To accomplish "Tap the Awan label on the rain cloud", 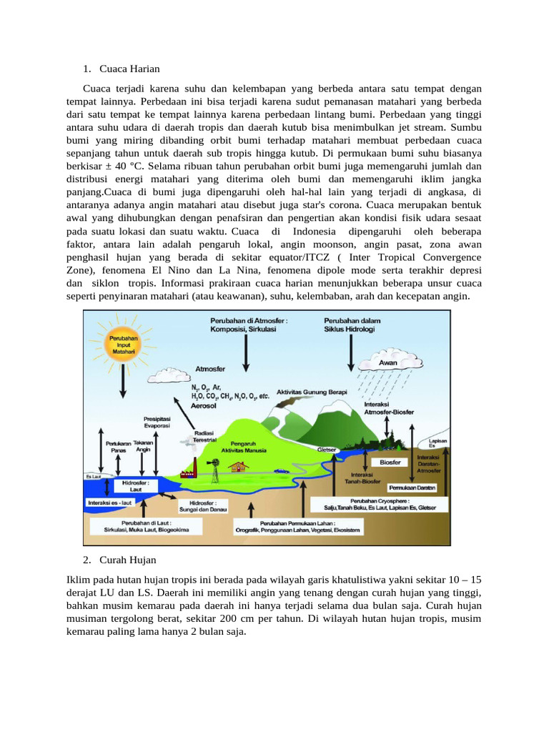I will pyautogui.click(x=388, y=362).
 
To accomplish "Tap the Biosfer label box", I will pyautogui.click(x=390, y=463).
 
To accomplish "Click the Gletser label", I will pyautogui.click(x=327, y=450).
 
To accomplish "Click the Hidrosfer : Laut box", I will pyautogui.click(x=135, y=486).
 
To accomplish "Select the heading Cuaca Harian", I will pyautogui.click(x=129, y=69).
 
